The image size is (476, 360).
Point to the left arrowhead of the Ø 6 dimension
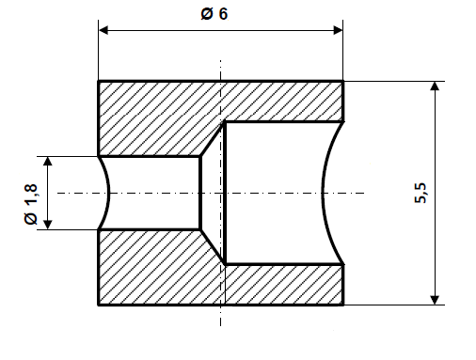coord(104,31)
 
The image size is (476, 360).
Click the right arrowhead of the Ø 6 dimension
coord(337,31)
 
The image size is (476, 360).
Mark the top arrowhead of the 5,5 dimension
coord(435,87)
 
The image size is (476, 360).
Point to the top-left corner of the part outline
coord(99,82)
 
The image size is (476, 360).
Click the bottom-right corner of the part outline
coord(342,305)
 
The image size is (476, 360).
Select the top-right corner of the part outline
coord(342,82)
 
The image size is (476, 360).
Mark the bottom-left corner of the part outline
coord(99,305)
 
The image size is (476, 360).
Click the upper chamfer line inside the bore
coord(212,139)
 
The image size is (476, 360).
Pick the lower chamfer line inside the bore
coord(212,245)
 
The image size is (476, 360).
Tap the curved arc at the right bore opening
coord(325,193)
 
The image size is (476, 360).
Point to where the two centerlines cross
coord(220,193)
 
